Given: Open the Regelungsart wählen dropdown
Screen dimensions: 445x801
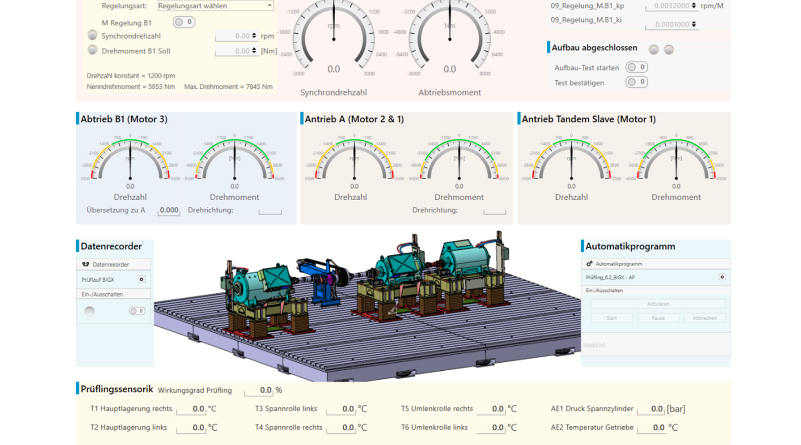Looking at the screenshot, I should [x=215, y=6].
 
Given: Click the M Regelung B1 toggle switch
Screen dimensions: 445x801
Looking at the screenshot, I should [x=184, y=22].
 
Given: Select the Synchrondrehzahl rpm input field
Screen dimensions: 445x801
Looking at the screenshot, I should [x=236, y=36].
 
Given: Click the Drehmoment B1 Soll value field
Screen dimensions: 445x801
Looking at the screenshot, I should [x=236, y=51].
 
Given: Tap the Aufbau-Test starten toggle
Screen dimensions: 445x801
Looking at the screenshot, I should [x=636, y=67].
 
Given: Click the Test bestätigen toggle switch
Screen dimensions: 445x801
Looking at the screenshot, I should [x=636, y=82].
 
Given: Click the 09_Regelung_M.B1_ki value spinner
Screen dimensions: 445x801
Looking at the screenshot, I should [x=672, y=24].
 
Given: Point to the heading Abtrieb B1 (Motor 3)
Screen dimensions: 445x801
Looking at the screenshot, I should [x=124, y=119].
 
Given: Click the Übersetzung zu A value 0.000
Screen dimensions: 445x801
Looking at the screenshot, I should [x=169, y=210].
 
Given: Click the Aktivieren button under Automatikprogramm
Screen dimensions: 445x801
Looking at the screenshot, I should [x=658, y=304].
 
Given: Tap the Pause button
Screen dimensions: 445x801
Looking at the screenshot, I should [x=658, y=318].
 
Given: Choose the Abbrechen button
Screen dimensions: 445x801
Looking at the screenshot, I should [x=704, y=318].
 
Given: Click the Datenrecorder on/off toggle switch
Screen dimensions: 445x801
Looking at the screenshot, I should [x=137, y=311].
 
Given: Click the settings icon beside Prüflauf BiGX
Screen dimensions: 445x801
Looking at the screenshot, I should [x=142, y=279].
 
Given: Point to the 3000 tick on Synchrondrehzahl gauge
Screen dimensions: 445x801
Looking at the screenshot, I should [x=369, y=73].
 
